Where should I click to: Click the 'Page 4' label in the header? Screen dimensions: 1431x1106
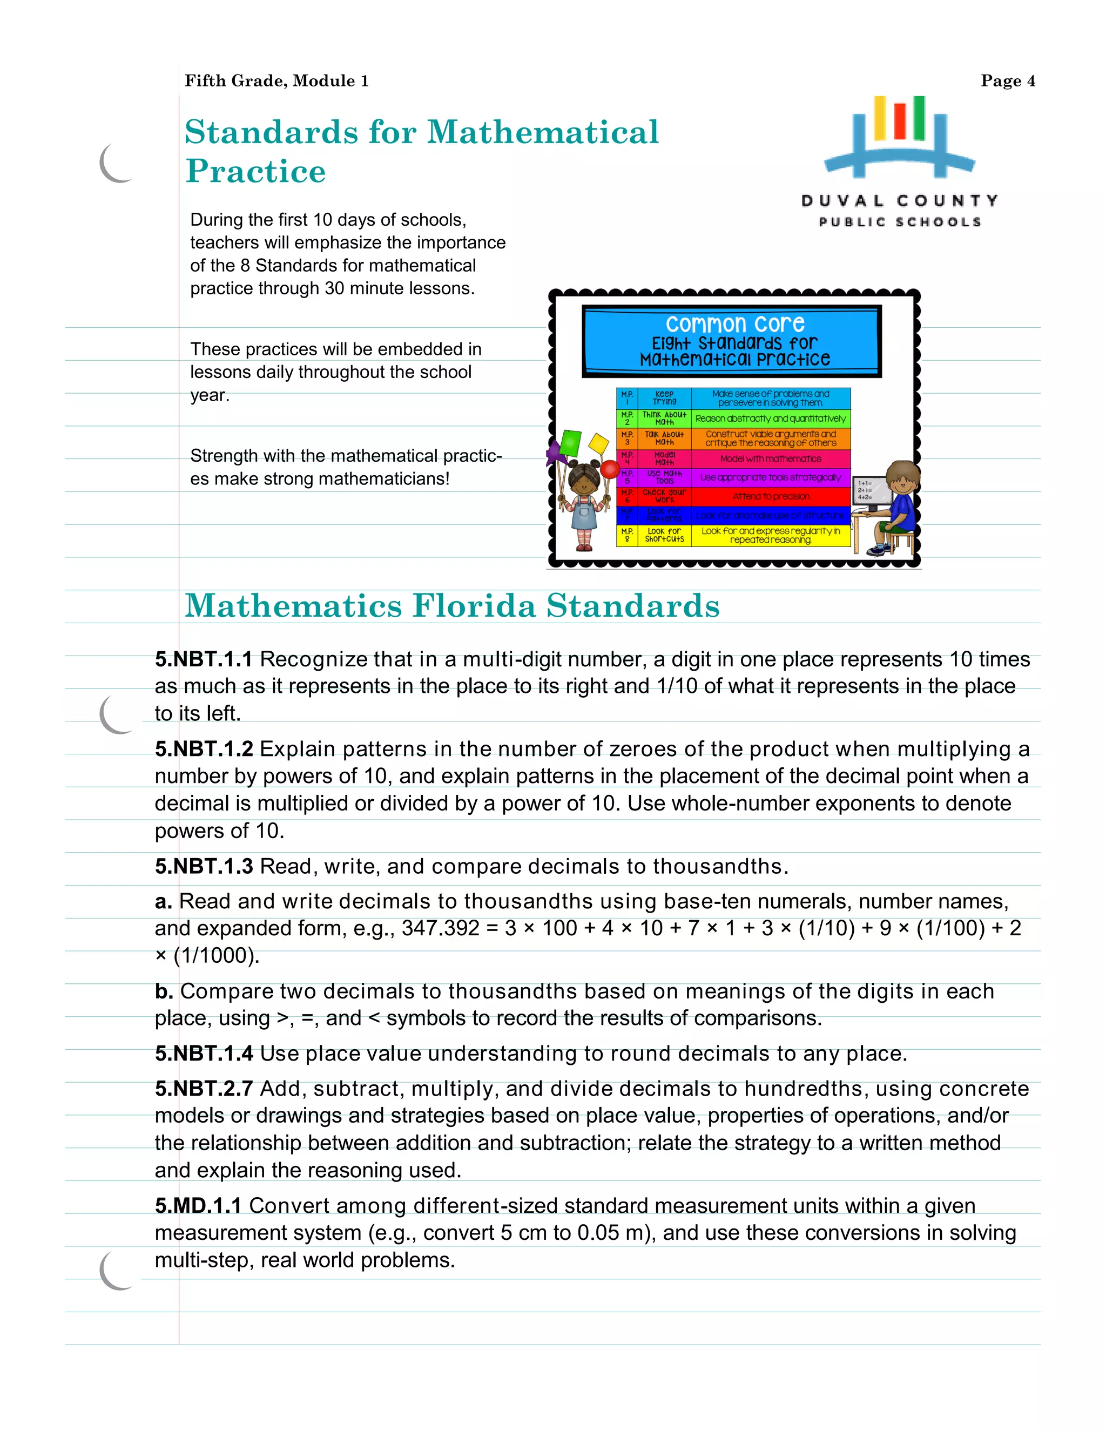(x=1007, y=80)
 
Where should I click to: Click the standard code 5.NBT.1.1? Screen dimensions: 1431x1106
(x=204, y=659)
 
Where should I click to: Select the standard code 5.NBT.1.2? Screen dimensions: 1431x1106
(x=204, y=749)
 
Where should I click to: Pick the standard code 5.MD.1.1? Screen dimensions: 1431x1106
(x=198, y=1206)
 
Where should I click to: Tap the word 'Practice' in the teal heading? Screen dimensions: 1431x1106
(x=255, y=172)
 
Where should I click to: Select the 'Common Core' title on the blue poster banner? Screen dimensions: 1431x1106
(x=734, y=323)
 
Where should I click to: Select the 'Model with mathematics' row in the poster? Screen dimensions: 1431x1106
(x=771, y=458)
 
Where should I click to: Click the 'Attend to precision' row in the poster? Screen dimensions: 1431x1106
(x=771, y=497)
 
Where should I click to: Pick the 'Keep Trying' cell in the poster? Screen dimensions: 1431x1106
(x=664, y=398)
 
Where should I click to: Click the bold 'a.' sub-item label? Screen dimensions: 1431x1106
(x=163, y=902)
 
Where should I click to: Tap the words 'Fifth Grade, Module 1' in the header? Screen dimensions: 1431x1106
(x=276, y=80)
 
